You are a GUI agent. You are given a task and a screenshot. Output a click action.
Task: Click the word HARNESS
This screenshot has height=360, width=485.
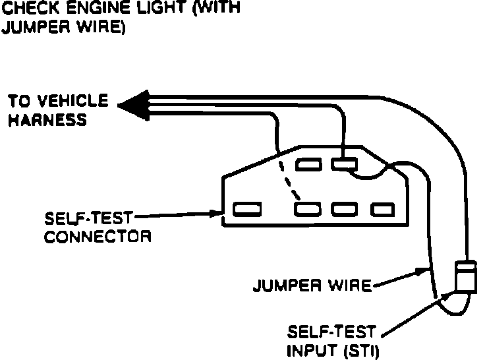pyautogui.click(x=47, y=121)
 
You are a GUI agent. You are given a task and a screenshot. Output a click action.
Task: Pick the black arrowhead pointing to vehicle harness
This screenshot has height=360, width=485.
pyautogui.click(x=132, y=104)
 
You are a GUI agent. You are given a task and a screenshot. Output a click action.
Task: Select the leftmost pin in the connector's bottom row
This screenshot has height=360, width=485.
pyautogui.click(x=246, y=210)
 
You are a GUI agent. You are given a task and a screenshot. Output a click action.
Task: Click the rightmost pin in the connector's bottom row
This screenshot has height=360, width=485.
pyautogui.click(x=382, y=210)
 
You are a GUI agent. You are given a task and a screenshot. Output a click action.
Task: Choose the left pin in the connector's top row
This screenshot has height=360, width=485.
pyautogui.click(x=308, y=164)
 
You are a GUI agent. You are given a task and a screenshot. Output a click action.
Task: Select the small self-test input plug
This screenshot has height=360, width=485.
pyautogui.click(x=467, y=276)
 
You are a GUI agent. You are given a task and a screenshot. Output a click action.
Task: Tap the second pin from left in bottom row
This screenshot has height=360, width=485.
pyautogui.click(x=308, y=210)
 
